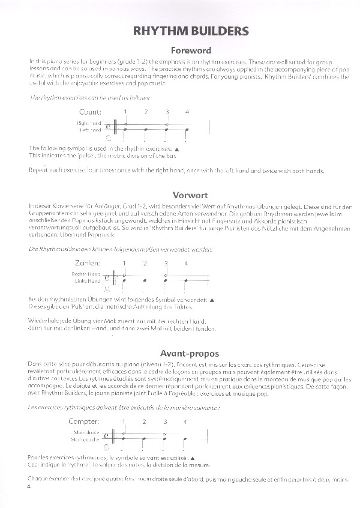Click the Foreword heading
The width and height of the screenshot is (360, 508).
(x=191, y=51)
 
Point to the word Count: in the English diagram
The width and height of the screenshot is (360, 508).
(x=91, y=112)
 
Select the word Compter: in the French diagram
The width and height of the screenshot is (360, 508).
(x=83, y=421)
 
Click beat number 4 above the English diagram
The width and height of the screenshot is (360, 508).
(x=187, y=112)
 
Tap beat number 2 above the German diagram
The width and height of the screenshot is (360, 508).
(x=145, y=263)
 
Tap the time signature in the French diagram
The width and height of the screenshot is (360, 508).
(x=107, y=435)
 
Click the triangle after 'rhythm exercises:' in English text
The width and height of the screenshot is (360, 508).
(x=176, y=148)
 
